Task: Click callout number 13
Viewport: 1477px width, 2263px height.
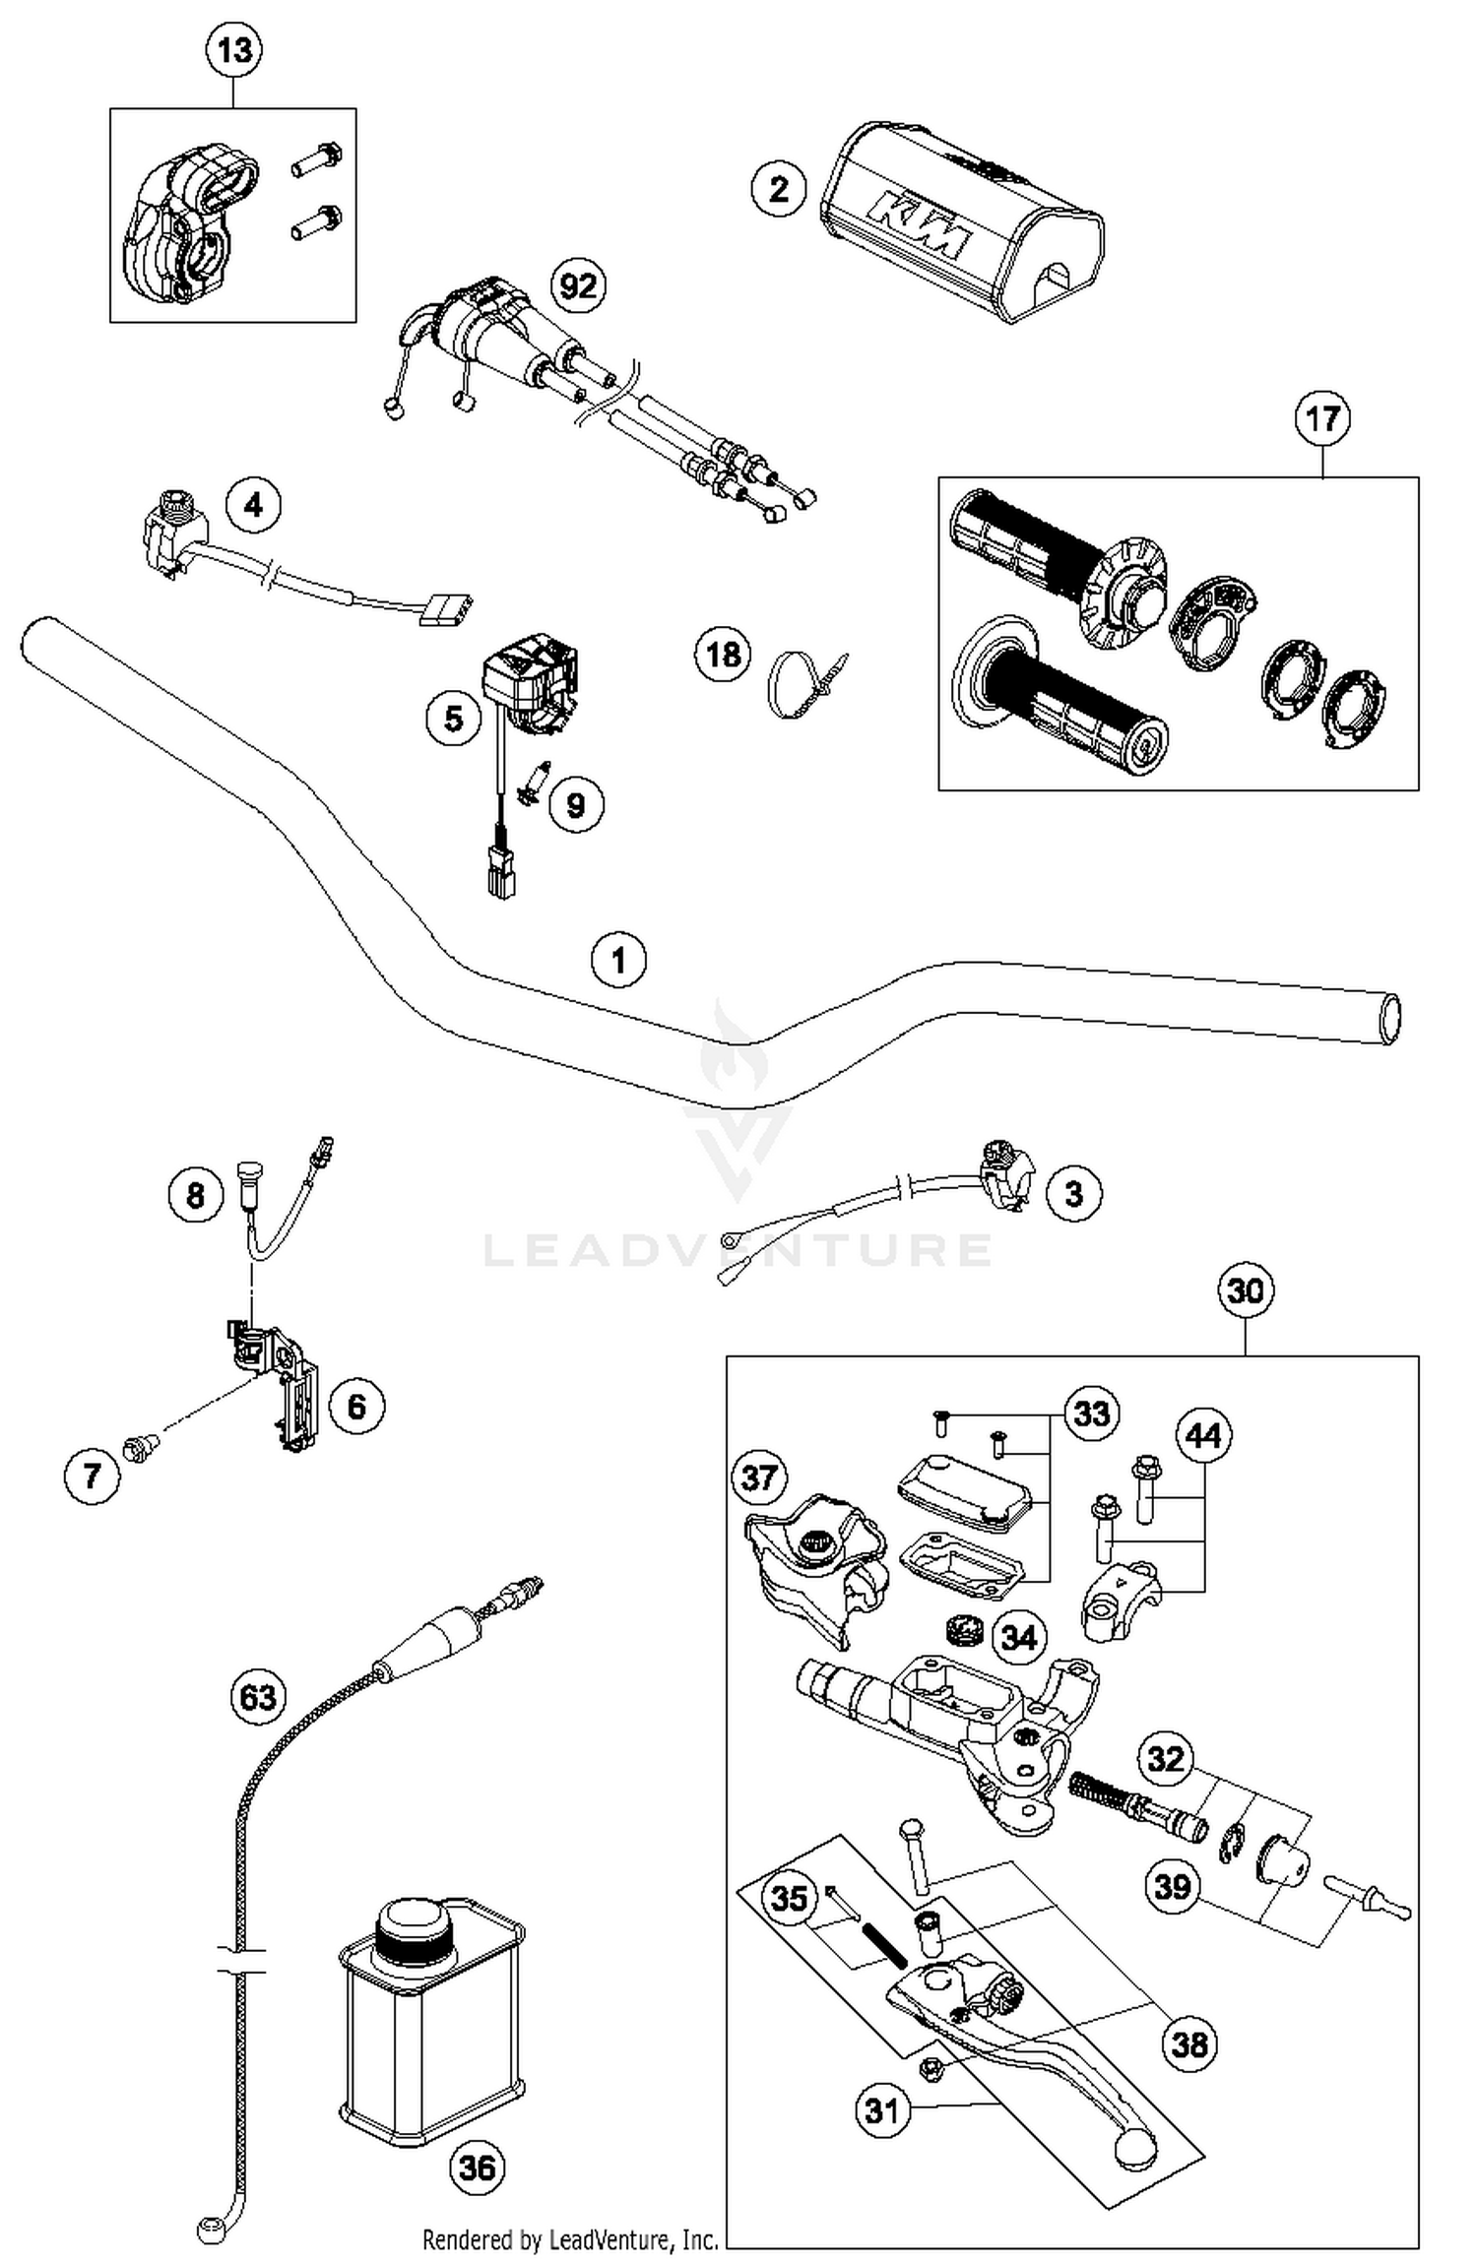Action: (234, 50)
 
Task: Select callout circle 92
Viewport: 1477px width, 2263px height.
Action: (578, 285)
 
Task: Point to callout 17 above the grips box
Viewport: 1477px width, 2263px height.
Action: (1321, 418)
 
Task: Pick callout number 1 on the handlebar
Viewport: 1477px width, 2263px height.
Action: (618, 959)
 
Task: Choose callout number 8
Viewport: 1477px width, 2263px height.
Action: (195, 1195)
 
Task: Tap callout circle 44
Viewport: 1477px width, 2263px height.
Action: (1203, 1436)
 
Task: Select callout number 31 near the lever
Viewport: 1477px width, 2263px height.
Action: (882, 2109)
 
